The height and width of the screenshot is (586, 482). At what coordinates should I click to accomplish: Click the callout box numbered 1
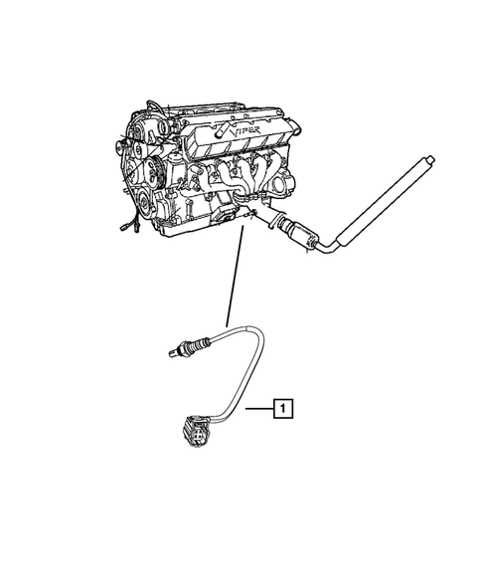[282, 407]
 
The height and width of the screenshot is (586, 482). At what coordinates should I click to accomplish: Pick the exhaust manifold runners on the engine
[243, 179]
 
